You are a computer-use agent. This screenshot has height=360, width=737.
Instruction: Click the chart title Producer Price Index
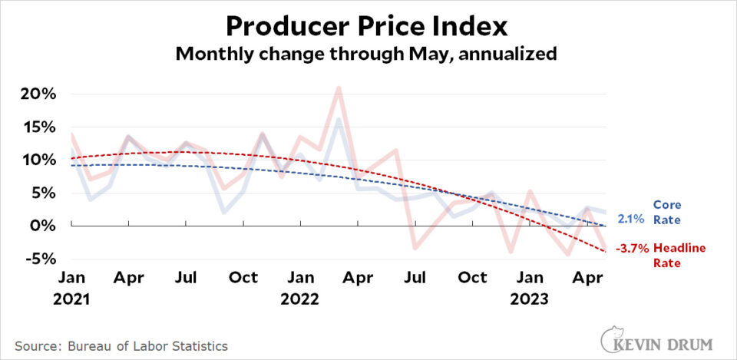click(367, 26)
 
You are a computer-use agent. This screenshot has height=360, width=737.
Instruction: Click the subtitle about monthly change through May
click(367, 55)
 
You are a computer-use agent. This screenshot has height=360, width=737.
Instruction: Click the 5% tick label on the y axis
click(43, 193)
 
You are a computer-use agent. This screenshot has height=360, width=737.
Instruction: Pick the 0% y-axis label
click(43, 226)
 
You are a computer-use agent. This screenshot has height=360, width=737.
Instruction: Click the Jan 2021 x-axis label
click(72, 287)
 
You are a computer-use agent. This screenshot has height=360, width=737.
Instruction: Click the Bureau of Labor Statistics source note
click(122, 345)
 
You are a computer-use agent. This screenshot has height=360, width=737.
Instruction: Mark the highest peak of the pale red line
click(339, 88)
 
